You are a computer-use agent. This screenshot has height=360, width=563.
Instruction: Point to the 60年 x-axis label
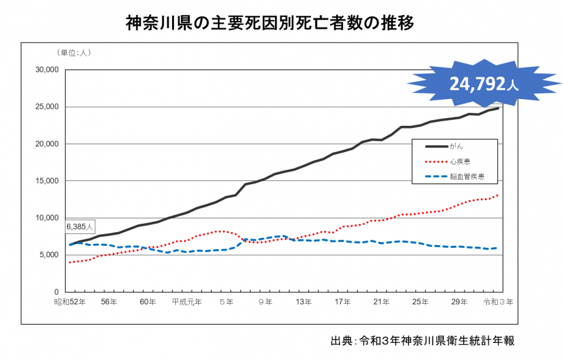pos(148,302)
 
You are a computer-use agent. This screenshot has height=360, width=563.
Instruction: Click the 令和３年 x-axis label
pos(499,302)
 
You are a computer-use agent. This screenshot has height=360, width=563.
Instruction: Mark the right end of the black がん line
pos(498,108)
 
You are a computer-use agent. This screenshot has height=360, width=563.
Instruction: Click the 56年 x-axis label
pos(110,302)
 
